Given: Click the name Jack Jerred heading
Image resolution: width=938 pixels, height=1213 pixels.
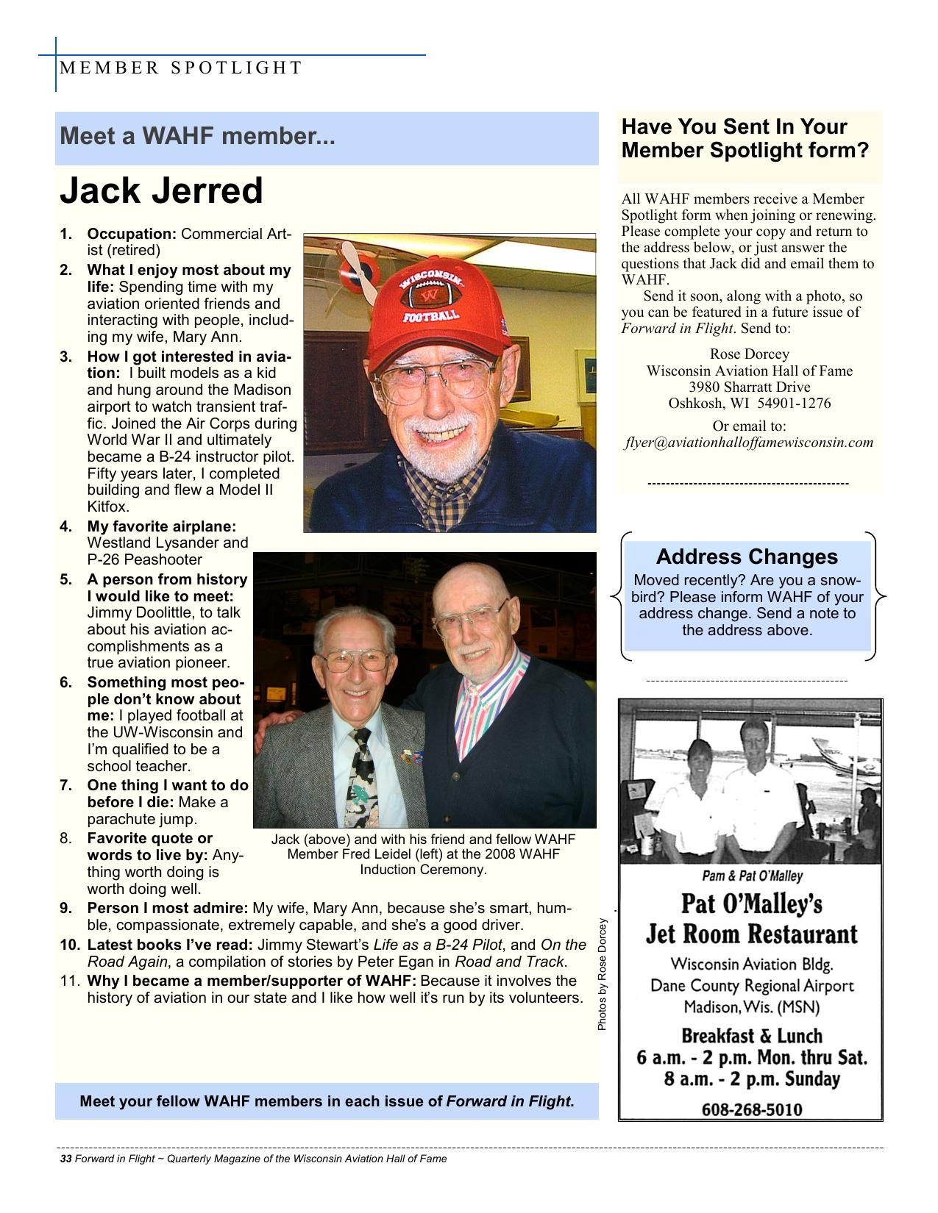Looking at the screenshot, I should coord(161,191).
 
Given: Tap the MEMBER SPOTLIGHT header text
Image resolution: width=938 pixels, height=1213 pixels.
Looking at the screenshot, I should coord(181,68).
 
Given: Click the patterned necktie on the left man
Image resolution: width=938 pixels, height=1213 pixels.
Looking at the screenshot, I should coord(363,779).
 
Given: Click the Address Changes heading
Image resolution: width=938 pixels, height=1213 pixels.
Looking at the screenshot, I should coord(747,557).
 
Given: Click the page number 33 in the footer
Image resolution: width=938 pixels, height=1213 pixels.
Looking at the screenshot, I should coord(65,1159).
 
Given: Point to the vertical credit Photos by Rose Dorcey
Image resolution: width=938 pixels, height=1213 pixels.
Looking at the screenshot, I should coord(602,974).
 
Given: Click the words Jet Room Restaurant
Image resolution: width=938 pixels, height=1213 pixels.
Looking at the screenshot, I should coord(751,934).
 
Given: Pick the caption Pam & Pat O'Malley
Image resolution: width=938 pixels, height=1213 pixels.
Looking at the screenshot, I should coord(752,876).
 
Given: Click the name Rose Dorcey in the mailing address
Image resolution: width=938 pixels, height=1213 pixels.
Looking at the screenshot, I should coord(749,354).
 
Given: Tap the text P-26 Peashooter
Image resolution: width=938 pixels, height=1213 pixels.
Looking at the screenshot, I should coord(144,559).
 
